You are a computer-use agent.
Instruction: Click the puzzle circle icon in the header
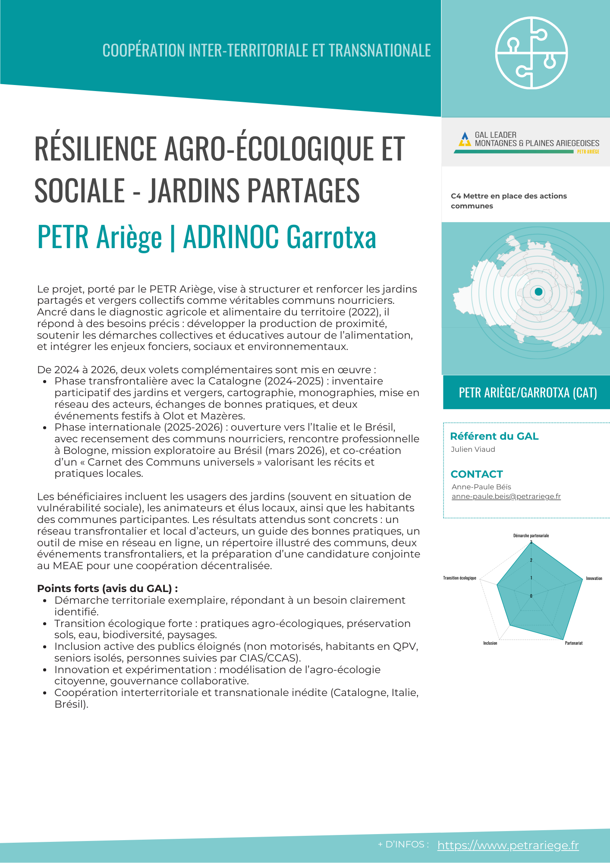click(531, 53)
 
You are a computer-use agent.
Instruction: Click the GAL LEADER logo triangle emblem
click(464, 139)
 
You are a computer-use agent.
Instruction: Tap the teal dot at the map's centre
click(538, 292)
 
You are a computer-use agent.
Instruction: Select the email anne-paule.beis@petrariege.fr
click(506, 496)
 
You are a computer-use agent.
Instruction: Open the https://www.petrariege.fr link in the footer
click(508, 845)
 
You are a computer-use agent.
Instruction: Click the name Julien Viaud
click(473, 449)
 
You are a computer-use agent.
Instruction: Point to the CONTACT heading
click(477, 474)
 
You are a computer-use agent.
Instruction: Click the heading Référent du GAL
click(494, 436)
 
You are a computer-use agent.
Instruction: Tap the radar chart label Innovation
click(594, 578)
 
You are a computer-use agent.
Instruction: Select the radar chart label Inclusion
click(490, 643)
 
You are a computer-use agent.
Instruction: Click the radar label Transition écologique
click(459, 578)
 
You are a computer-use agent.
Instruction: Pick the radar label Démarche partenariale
click(531, 535)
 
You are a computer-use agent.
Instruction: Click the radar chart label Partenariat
click(574, 643)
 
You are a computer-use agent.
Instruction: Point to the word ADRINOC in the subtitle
click(231, 237)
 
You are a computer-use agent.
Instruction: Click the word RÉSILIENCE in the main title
click(95, 148)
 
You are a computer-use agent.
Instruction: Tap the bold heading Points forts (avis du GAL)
click(107, 589)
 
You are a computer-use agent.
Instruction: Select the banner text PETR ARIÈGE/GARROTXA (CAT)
click(528, 393)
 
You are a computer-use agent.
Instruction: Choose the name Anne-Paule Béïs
click(481, 487)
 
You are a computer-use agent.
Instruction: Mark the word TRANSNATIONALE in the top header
click(380, 50)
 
